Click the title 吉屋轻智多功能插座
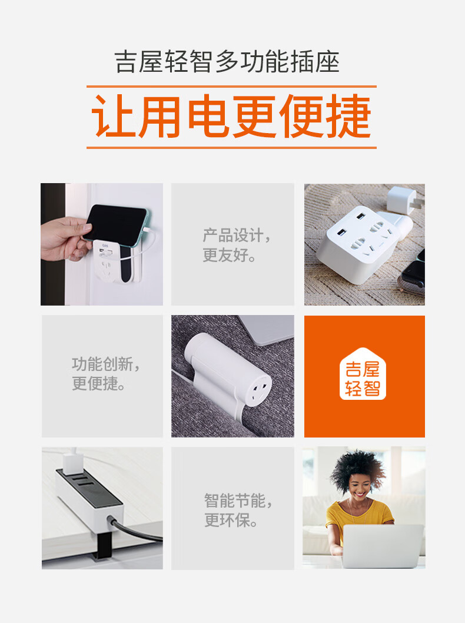227,62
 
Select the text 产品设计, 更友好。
237,245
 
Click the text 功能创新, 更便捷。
105,374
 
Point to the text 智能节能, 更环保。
238,510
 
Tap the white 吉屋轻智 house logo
363,374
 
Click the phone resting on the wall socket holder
116,223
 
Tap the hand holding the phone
65,239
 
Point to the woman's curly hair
357,470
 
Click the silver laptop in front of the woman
383,546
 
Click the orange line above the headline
231,86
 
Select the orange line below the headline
231,148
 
